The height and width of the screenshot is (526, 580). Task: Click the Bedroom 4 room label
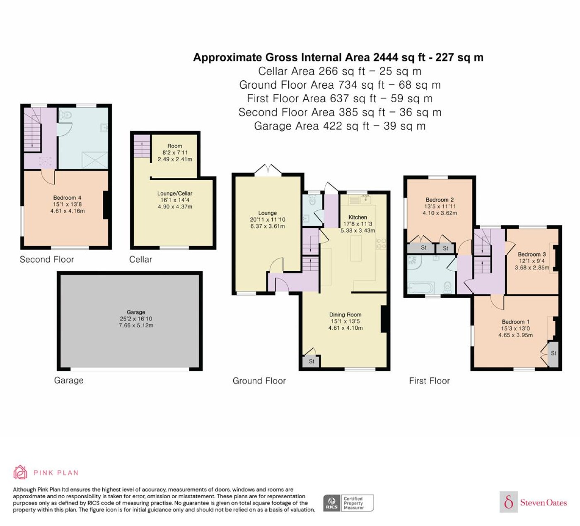click(x=67, y=198)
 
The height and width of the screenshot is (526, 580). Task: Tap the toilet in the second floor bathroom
click(x=65, y=116)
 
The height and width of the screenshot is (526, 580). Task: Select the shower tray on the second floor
click(x=95, y=160)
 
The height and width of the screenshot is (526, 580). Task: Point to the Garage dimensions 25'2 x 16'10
click(x=136, y=318)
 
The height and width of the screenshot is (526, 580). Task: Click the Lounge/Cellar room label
click(x=175, y=193)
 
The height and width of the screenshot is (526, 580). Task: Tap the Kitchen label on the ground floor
click(x=358, y=217)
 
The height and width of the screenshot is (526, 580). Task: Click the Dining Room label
click(x=345, y=315)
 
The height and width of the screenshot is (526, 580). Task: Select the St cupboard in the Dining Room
click(x=311, y=361)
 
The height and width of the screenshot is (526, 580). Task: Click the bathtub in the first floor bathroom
click(x=421, y=288)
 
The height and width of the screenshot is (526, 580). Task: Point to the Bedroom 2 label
click(x=440, y=200)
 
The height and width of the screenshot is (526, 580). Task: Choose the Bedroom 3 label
click(x=532, y=254)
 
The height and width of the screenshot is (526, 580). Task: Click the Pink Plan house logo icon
click(x=20, y=472)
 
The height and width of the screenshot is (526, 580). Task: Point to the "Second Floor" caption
click(x=47, y=259)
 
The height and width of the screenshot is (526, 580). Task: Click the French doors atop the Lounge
click(x=268, y=169)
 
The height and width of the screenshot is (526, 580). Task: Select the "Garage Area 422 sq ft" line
click(x=312, y=126)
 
